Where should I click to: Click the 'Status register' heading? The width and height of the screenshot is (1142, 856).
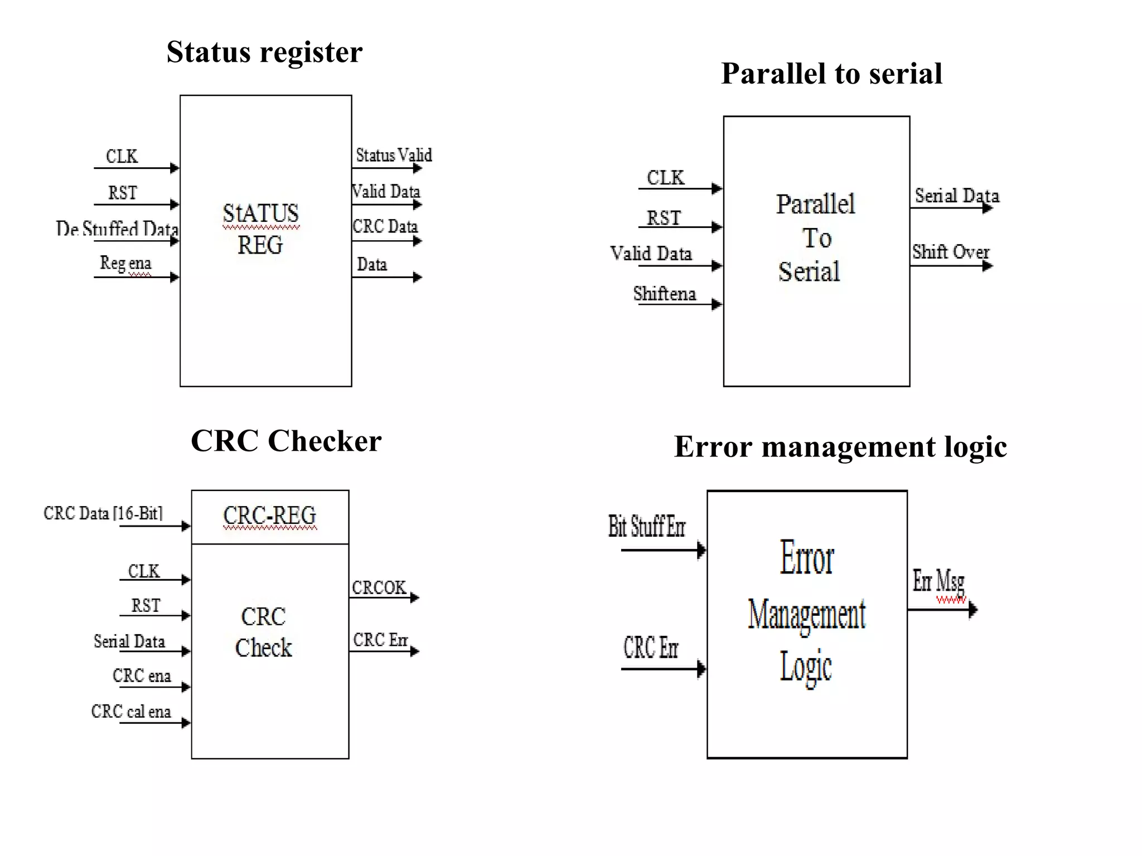pos(264,52)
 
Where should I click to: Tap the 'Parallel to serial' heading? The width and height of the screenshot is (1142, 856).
pos(831,74)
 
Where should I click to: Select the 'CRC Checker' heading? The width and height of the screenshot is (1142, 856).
pos(286,441)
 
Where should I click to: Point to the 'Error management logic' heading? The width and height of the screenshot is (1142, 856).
pos(840,446)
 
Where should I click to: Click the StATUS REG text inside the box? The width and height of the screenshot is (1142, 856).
pos(260,229)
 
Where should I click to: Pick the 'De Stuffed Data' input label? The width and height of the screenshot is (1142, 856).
pos(117,228)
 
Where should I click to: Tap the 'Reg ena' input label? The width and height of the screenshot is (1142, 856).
pos(125,262)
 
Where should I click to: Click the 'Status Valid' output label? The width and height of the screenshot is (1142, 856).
pos(394,155)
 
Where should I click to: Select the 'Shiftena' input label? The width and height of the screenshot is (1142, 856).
pos(664,294)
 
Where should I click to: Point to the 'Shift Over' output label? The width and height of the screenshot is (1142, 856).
pos(951,252)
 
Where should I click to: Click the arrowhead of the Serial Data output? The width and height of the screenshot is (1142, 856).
pos(988,208)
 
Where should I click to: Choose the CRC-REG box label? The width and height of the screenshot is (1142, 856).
pos(269,515)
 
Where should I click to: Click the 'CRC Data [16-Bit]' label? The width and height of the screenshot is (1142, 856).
pos(103,513)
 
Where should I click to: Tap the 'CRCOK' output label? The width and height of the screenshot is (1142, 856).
pos(379,587)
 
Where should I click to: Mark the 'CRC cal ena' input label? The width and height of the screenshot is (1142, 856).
pos(131,712)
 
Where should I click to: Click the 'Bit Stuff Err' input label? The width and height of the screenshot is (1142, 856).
pos(646,527)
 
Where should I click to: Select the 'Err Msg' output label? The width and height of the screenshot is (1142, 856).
pos(938,581)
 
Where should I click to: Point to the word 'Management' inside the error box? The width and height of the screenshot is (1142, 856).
pos(806,615)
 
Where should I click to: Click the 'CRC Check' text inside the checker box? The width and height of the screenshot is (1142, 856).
pos(263,633)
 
